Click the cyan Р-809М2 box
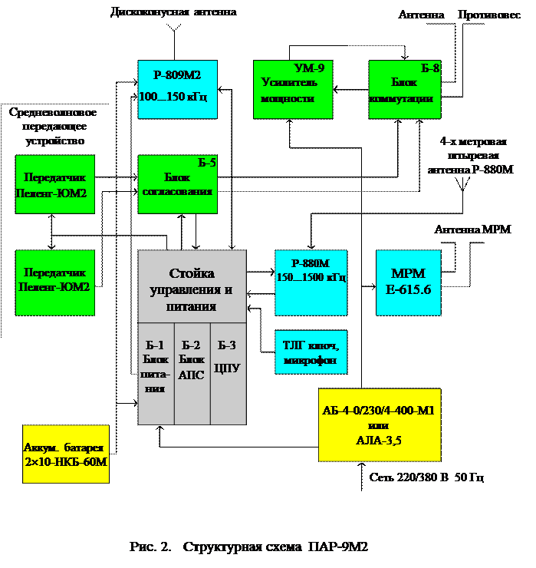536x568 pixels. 177,89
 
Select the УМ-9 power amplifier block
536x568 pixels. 293,90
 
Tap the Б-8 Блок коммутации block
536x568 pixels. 405,90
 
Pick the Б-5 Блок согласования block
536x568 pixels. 177,184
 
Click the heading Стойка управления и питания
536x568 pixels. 192,289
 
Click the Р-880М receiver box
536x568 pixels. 311,282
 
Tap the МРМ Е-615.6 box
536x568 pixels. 408,282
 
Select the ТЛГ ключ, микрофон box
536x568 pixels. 311,352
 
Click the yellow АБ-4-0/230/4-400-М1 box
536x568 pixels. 379,424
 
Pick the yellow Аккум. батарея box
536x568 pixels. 66,454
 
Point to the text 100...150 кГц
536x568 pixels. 173,97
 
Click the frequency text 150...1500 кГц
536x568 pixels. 311,277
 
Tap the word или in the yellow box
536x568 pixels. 378,425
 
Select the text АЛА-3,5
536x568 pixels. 379,440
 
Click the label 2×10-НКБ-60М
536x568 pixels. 66,462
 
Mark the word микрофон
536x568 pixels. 311,360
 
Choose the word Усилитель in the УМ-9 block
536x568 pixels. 289,82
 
